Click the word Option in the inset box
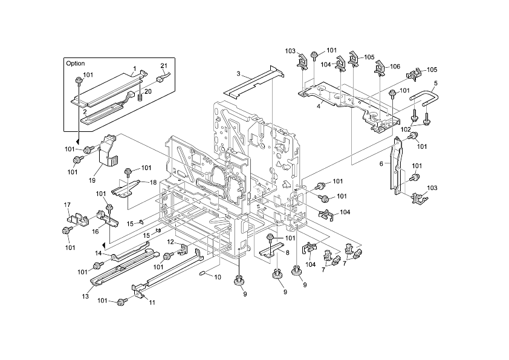[x=76, y=64]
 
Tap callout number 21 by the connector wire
[x=164, y=65]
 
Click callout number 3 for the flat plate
[x=238, y=74]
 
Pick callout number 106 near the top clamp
[x=395, y=67]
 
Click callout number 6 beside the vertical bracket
[x=381, y=164]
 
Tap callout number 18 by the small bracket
[x=153, y=183]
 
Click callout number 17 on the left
[x=67, y=205]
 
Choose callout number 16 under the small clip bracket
[x=95, y=231]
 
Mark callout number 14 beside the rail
[x=99, y=253]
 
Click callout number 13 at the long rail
[x=85, y=296]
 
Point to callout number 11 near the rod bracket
[x=152, y=303]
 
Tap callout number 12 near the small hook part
[x=170, y=242]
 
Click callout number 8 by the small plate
[x=287, y=252]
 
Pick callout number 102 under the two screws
[x=406, y=129]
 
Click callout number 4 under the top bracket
[x=319, y=106]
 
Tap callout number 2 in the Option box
[x=85, y=112]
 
